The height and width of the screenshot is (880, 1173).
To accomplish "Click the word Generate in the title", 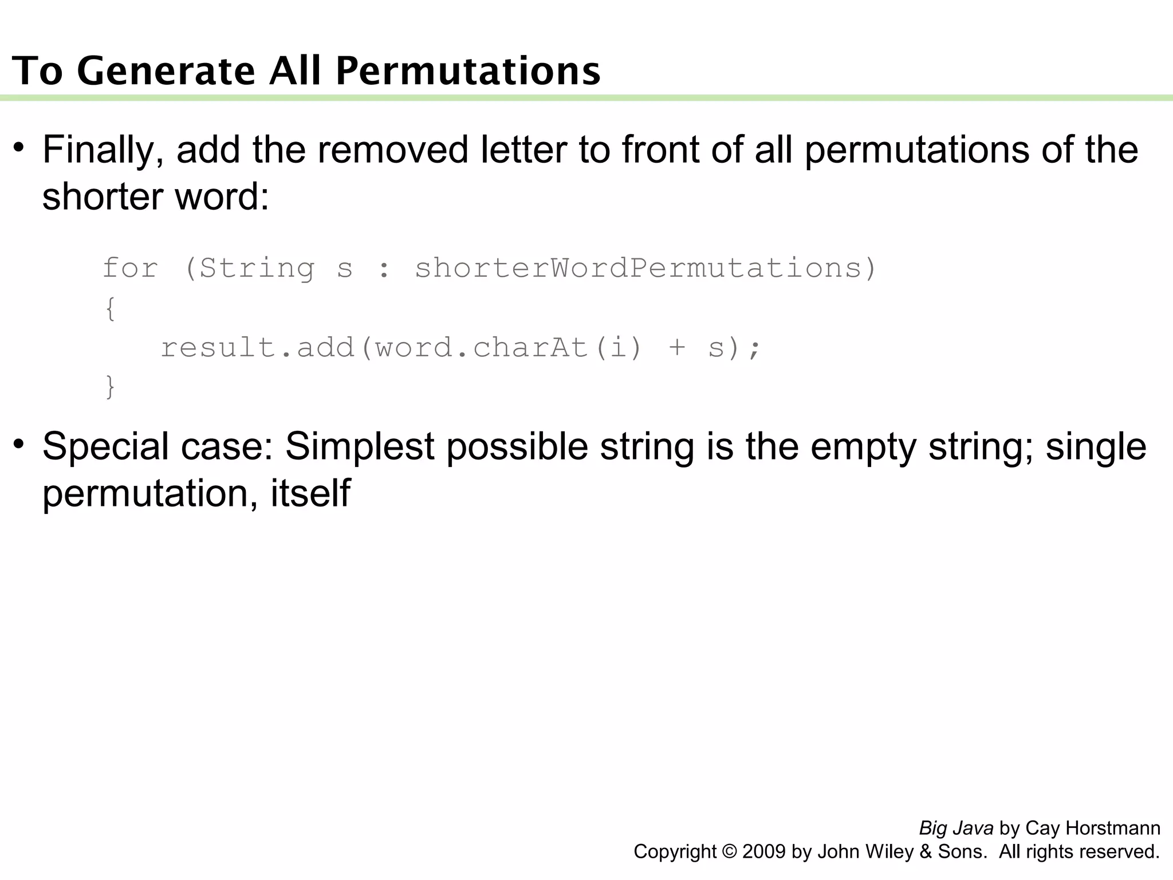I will [x=166, y=71].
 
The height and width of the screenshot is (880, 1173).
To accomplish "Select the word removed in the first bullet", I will [x=393, y=150].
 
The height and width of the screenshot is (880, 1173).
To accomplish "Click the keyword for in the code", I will [x=131, y=268].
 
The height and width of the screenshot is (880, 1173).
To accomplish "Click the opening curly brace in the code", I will [x=111, y=309].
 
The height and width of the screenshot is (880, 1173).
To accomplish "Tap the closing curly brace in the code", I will [x=111, y=387].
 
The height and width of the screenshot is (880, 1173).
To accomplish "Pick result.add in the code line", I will [x=258, y=348].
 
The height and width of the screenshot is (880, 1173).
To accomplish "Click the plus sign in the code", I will [x=677, y=348].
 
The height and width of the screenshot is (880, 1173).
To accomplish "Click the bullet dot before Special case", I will [x=19, y=444].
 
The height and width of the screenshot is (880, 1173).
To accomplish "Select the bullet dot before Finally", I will [x=19, y=147].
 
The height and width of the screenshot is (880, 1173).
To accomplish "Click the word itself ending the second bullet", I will [x=310, y=493].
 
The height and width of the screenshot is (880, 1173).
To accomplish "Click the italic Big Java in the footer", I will [x=956, y=828].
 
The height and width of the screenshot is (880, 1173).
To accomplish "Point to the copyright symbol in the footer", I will [x=730, y=852].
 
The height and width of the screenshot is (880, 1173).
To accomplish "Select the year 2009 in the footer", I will [x=764, y=852].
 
